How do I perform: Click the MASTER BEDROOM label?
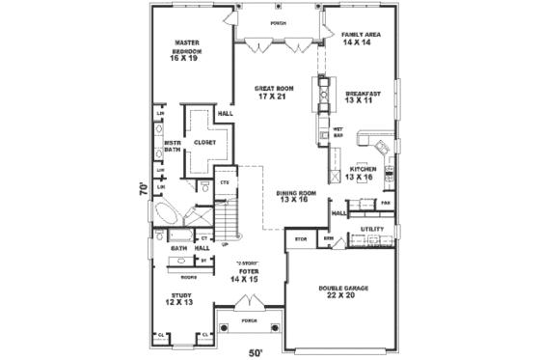187,50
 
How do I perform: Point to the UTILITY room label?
372,229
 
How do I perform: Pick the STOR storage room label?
300,237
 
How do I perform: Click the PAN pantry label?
386,204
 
